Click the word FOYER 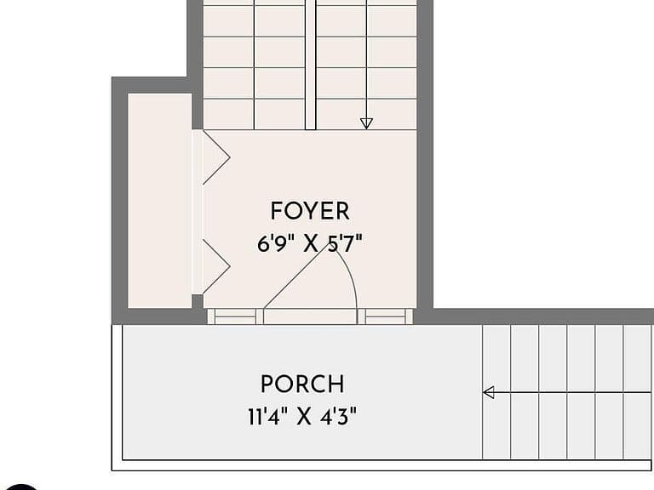tap(310, 211)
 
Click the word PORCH tap(303, 384)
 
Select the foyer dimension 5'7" tap(346, 243)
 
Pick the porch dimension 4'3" tap(339, 416)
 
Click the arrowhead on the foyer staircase tap(366, 123)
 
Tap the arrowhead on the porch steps tap(489, 392)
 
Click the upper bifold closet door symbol tap(216, 157)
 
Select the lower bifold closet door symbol tap(216, 266)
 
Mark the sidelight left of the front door tap(236, 316)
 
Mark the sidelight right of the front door tap(385, 316)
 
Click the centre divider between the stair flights tap(310, 65)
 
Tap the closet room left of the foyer tap(160, 201)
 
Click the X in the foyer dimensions tap(310, 244)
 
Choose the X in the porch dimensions tap(304, 416)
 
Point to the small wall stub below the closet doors tap(198, 301)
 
